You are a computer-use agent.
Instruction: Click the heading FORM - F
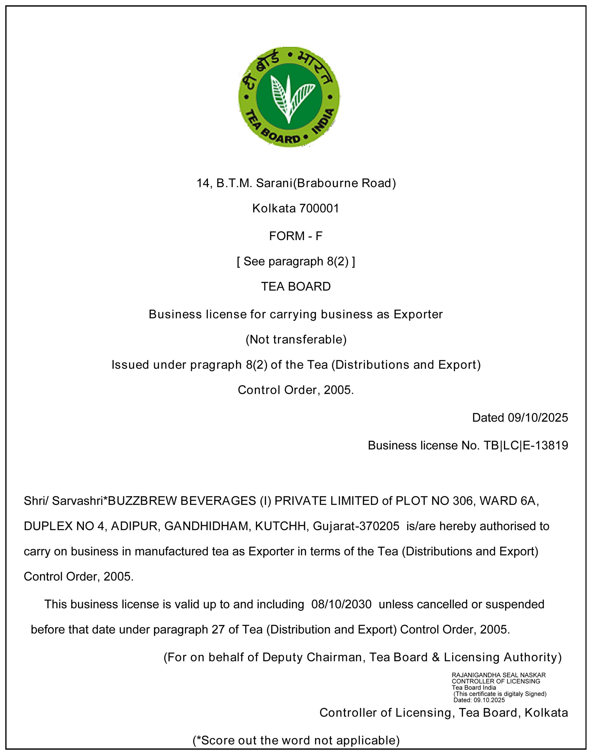coord(296,236)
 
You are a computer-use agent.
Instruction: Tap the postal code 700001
coord(319,208)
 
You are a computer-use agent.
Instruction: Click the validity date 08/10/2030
coord(341,604)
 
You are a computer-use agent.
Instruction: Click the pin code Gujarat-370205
coord(356,526)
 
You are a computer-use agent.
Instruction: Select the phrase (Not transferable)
coord(296,339)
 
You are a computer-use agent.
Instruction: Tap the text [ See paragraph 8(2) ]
coord(296,261)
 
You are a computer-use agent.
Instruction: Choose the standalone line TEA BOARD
coord(296,286)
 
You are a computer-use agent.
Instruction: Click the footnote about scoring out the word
coord(296,740)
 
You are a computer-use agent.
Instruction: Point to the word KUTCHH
coord(280,526)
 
